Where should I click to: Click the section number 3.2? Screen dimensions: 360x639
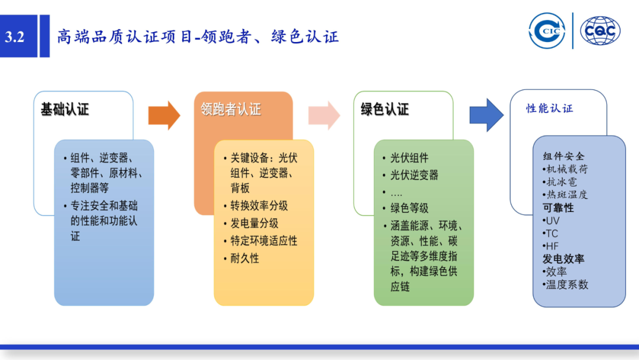[x=15, y=37]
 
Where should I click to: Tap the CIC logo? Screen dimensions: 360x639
[x=547, y=31]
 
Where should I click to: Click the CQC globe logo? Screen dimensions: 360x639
[x=600, y=31]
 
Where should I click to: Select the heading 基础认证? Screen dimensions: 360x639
[x=64, y=110]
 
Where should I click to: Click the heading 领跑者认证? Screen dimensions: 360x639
[x=231, y=110]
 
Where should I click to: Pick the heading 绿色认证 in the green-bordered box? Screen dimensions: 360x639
[x=385, y=110]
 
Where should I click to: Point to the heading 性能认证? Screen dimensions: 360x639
[x=550, y=108]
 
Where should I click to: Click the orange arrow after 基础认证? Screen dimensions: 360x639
[x=164, y=115]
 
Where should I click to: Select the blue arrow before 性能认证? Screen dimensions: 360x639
[x=486, y=115]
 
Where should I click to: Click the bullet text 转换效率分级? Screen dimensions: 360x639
[x=259, y=205]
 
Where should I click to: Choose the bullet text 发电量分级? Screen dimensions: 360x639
[x=254, y=223]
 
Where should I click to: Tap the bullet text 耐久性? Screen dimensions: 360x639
[x=244, y=259]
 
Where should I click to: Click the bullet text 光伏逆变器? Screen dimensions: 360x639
[x=414, y=175]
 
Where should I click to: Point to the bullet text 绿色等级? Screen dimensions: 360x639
[x=409, y=208]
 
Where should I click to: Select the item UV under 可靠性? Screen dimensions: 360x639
[x=552, y=221]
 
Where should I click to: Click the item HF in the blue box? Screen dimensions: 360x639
[x=551, y=246]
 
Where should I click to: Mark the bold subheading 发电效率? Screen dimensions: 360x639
[x=563, y=259]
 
